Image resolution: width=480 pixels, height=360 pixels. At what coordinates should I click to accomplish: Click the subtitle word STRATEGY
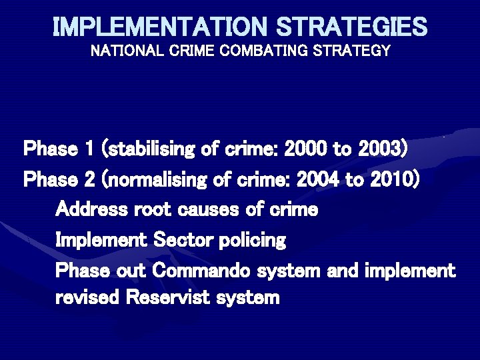tap(355, 51)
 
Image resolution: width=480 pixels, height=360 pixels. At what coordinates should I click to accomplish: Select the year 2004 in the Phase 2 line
tap(320, 179)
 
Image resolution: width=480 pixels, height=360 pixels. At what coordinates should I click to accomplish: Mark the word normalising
tap(155, 179)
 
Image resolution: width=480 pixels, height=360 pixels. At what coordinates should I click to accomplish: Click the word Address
tap(88, 209)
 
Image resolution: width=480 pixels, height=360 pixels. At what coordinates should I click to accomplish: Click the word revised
tap(86, 298)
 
